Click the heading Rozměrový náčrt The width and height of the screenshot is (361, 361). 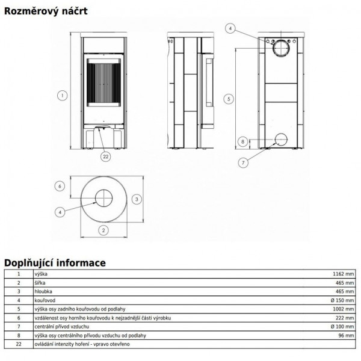pyautogui.click(x=46, y=11)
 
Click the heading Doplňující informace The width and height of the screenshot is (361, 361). pyautogui.click(x=55, y=263)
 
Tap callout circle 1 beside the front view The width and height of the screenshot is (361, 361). pyautogui.click(x=62, y=95)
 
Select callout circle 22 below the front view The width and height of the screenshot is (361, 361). pyautogui.click(x=105, y=156)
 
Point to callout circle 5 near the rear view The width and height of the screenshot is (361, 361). pyautogui.click(x=229, y=99)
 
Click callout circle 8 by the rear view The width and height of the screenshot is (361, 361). pyautogui.click(x=242, y=141)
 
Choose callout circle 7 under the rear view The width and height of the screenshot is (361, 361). pyautogui.click(x=243, y=163)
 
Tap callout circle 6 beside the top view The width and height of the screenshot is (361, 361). pyautogui.click(x=60, y=186)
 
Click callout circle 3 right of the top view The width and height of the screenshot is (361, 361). pyautogui.click(x=137, y=199)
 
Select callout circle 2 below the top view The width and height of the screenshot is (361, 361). pyautogui.click(x=103, y=230)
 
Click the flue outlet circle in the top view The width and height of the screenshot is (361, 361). pyautogui.click(x=104, y=190)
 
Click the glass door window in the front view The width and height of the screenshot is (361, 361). pyautogui.click(x=103, y=82)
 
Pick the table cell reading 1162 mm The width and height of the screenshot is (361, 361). pyautogui.click(x=344, y=274)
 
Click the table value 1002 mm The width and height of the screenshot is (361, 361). pyautogui.click(x=344, y=309)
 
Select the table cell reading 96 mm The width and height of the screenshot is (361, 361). pyautogui.click(x=346, y=336)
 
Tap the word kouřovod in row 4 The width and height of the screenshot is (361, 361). pyautogui.click(x=45, y=300)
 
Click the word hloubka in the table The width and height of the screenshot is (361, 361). pyautogui.click(x=43, y=291)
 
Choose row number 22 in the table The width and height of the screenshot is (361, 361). pyautogui.click(x=19, y=344)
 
